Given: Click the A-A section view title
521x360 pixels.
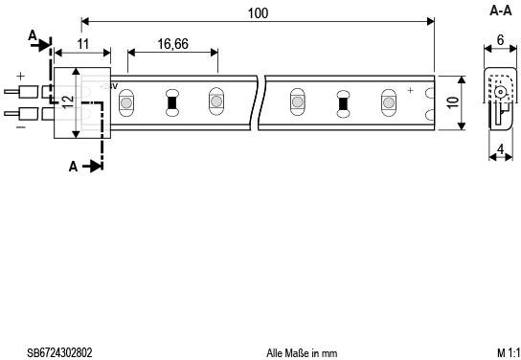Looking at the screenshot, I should point(500,11).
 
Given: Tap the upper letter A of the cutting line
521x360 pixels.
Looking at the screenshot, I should point(33,36).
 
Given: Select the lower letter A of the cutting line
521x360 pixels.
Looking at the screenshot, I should point(74,166).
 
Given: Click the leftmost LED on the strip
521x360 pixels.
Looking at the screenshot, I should point(126,100).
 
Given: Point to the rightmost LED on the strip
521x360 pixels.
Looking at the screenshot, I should point(387,100).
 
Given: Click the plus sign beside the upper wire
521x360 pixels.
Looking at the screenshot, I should point(19,75).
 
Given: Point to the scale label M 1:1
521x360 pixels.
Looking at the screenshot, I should point(508,352).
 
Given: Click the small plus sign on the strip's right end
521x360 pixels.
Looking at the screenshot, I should point(410,90).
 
